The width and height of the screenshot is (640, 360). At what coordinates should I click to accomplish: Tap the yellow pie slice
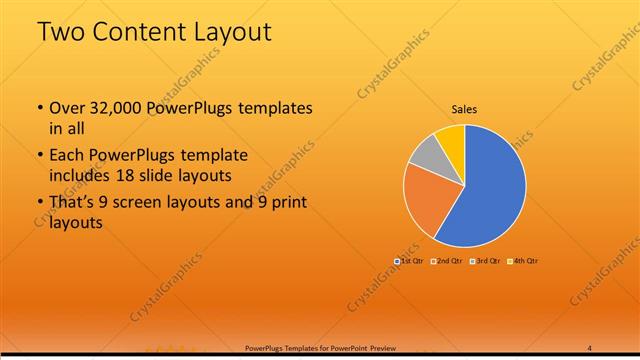[452, 138]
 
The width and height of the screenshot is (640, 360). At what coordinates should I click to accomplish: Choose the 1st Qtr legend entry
[410, 261]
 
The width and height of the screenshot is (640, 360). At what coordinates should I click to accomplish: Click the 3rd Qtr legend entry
[484, 261]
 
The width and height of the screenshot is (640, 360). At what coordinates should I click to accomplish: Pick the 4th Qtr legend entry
[521, 261]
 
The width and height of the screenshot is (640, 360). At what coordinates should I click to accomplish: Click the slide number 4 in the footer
[590, 348]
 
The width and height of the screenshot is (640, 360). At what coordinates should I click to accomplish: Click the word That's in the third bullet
[70, 203]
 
